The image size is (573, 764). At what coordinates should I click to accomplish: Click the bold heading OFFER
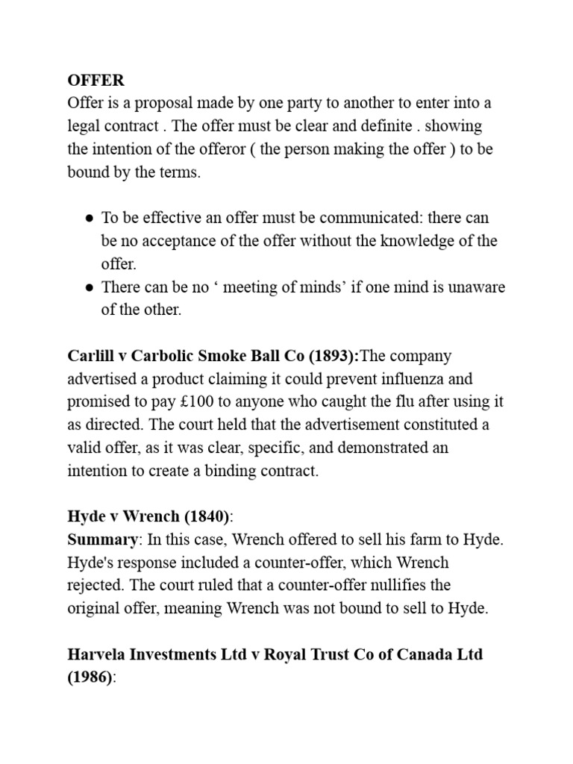(96, 80)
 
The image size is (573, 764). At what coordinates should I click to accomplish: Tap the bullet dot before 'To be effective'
(90, 219)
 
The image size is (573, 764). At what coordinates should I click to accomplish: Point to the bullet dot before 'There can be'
(90, 288)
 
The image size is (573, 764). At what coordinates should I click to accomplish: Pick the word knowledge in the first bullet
(422, 241)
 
